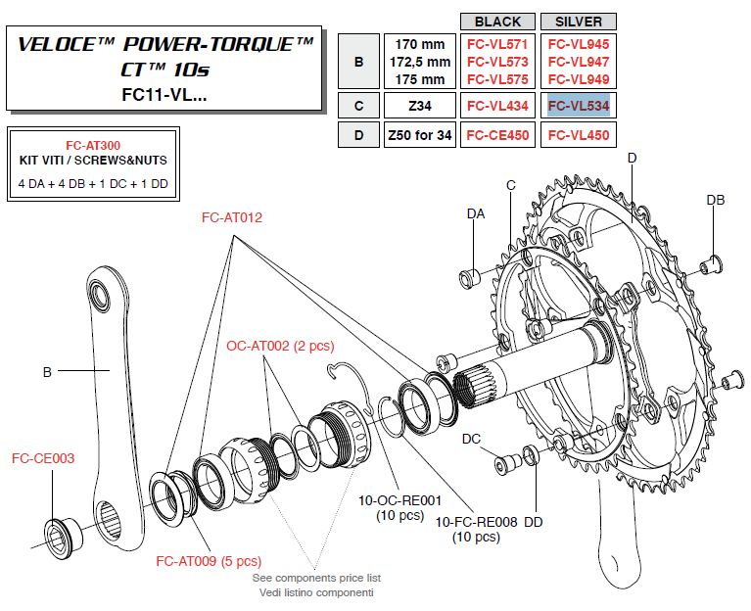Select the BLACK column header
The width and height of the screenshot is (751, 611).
pos(497,22)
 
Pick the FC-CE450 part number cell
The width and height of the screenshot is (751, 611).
pos(497,135)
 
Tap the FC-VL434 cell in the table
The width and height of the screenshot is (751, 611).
pos(497,104)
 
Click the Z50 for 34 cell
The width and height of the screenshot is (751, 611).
pos(418,135)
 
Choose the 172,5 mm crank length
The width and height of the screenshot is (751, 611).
pos(418,60)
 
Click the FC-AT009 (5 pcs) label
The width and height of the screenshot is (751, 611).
pos(209,561)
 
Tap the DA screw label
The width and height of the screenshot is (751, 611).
pos(476,212)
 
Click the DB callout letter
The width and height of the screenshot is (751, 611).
pos(716,200)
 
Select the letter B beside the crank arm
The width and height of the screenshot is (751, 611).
pos(46,371)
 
